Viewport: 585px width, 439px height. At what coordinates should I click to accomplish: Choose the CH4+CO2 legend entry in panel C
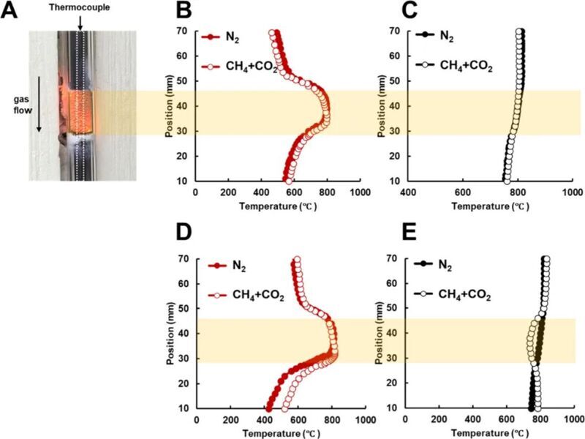(x=466, y=65)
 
